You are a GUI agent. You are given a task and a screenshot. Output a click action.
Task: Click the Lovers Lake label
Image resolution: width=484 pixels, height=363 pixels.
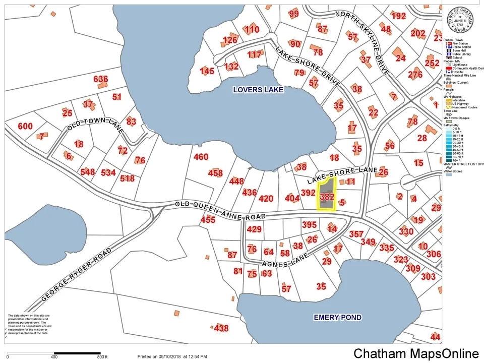click(x=258, y=90)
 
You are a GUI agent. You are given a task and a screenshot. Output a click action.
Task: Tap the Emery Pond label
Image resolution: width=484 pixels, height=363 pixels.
click(x=337, y=317)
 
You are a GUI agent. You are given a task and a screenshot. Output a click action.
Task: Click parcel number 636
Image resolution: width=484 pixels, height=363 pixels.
click(x=101, y=79)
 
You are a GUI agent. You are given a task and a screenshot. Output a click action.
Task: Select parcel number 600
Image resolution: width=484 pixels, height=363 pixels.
click(x=25, y=127)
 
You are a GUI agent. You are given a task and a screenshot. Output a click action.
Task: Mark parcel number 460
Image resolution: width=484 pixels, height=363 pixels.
click(x=201, y=157)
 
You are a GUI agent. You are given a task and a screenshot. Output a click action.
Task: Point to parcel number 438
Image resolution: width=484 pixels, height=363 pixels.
click(x=221, y=329)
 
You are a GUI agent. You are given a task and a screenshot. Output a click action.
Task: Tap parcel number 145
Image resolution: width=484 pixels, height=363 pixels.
click(x=207, y=71)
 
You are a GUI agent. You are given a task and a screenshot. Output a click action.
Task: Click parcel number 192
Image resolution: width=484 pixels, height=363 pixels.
click(x=398, y=16)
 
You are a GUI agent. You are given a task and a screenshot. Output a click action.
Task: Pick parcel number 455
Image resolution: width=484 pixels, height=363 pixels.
click(x=208, y=220)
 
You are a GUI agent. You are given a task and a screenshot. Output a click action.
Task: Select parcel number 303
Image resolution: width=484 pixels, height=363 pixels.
click(x=428, y=276)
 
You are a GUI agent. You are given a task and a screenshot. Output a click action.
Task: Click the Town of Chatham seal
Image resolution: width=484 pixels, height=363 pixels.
click(x=461, y=20)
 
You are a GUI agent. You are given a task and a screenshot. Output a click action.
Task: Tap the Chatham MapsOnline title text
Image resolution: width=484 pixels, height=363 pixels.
click(x=416, y=353)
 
